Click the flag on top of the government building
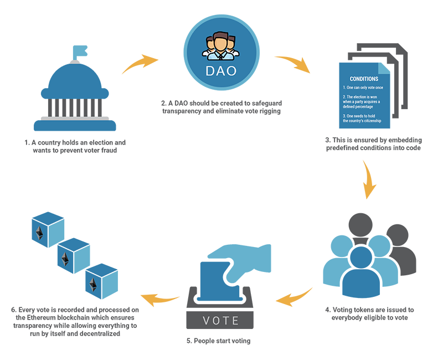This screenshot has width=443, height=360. pos(80,52)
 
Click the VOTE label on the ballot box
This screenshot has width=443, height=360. pos(220,321)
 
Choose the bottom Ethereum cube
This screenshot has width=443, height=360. pos(102,282)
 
